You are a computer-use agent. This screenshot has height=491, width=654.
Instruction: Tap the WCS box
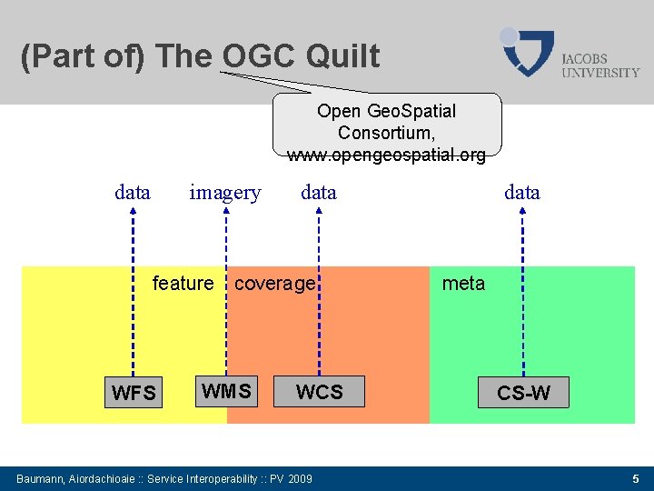click(x=319, y=392)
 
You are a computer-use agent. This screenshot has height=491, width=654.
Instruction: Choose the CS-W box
click(x=523, y=393)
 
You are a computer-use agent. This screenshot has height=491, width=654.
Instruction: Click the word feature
click(x=183, y=284)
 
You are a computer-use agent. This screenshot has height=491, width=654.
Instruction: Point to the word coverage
click(x=274, y=284)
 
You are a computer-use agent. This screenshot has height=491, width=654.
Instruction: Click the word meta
click(x=463, y=284)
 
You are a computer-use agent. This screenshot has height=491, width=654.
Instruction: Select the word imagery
click(x=224, y=193)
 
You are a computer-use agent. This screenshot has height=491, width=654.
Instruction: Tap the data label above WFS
click(x=133, y=193)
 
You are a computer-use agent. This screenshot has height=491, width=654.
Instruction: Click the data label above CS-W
click(x=522, y=193)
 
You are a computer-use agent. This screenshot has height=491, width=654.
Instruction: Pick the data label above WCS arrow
click(x=319, y=193)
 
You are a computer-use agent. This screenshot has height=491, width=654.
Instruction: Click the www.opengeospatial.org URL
click(x=387, y=155)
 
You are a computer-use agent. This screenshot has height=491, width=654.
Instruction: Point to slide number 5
click(x=636, y=478)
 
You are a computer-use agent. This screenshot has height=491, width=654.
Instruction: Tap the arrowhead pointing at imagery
click(x=224, y=212)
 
